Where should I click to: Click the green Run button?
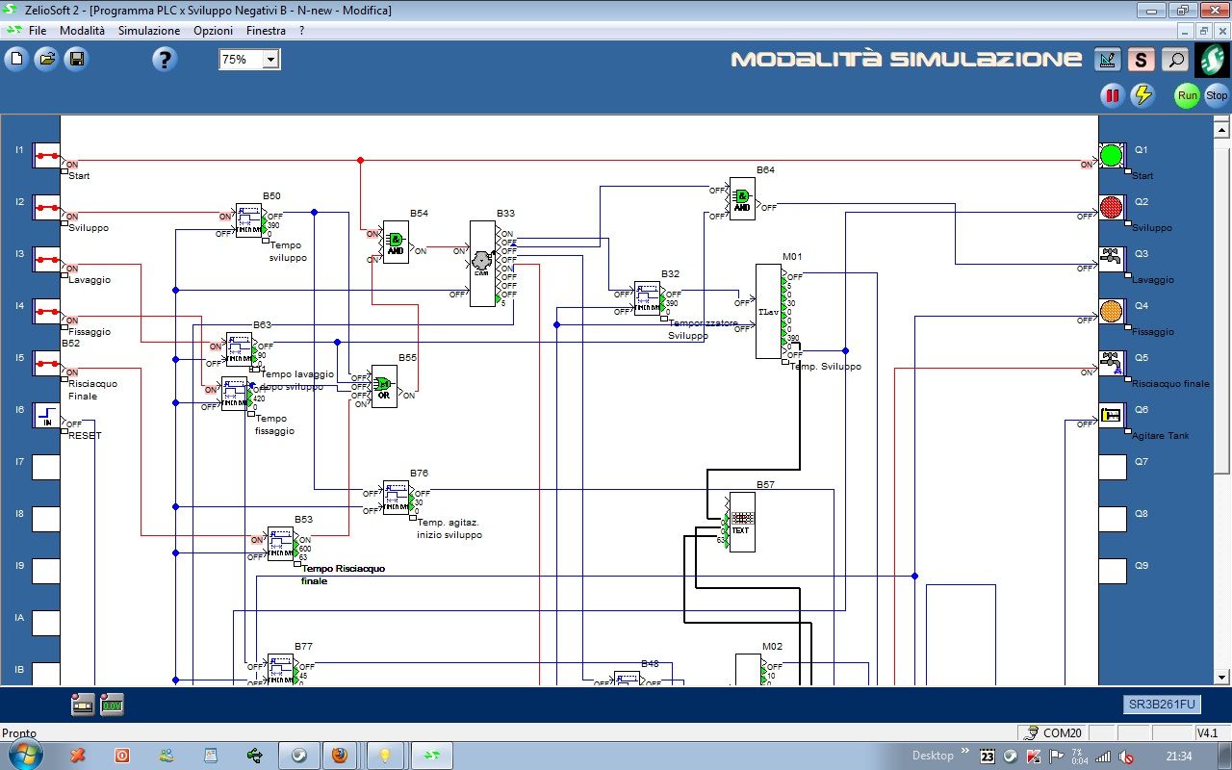(x=1187, y=95)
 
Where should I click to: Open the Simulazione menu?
(x=148, y=31)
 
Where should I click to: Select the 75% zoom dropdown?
(x=248, y=60)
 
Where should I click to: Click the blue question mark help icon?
(x=165, y=60)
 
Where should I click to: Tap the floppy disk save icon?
(x=75, y=60)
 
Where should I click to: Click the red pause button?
(x=1113, y=95)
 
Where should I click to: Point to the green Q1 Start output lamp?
(x=1112, y=156)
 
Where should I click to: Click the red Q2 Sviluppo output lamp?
(x=1112, y=208)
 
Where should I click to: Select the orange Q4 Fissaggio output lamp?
(x=1112, y=312)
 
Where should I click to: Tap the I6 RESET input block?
(x=46, y=416)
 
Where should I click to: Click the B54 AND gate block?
(x=396, y=242)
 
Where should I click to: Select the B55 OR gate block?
(x=384, y=386)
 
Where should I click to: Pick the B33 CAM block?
(x=482, y=264)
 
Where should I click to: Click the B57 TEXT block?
(x=741, y=522)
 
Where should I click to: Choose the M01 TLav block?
(x=768, y=311)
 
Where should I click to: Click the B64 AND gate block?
(x=742, y=198)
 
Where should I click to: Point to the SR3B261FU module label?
(x=1161, y=705)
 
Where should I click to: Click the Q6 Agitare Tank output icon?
(x=1112, y=416)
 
